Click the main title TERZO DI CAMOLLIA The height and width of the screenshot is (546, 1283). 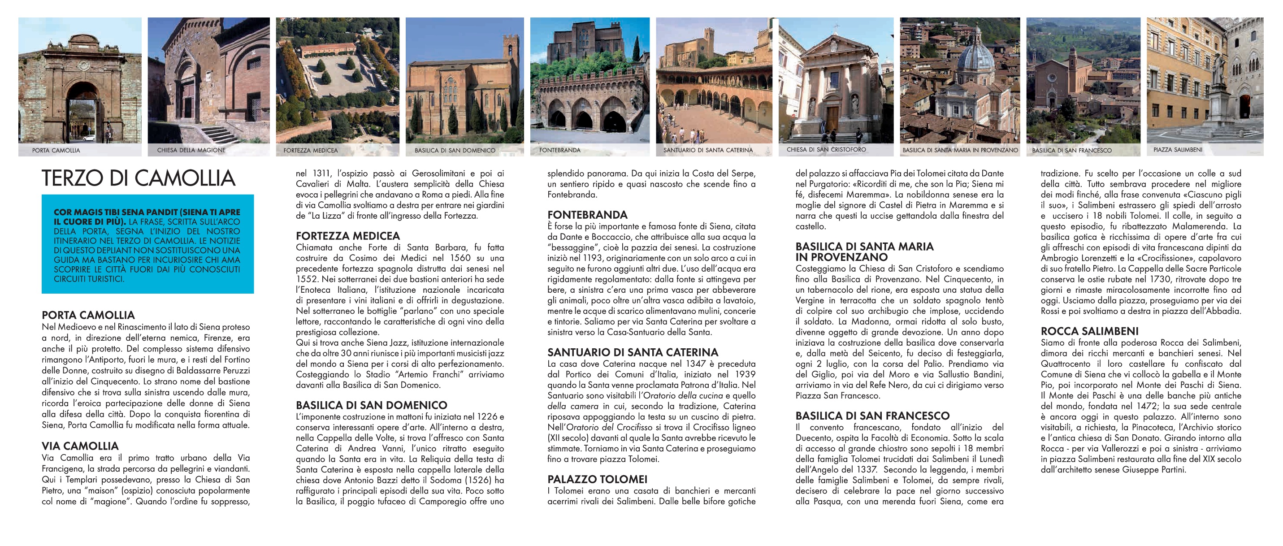pos(138,178)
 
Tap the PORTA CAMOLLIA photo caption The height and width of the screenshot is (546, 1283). pos(56,150)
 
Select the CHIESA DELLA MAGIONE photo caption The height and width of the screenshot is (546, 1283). pos(191,150)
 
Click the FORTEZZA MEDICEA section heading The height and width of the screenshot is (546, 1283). pos(347,236)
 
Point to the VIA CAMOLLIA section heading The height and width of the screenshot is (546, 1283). pos(80,446)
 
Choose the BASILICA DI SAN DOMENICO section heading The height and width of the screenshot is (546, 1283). pos(372,405)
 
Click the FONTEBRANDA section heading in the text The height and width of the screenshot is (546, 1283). pos(587,215)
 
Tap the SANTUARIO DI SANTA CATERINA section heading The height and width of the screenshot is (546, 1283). pos(633,352)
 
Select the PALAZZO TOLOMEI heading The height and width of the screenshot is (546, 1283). pos(597,479)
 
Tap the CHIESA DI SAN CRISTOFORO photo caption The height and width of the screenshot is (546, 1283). pos(826,149)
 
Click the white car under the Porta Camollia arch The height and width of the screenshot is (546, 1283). pos(89,138)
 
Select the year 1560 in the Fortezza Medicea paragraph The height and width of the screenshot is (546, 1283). pos(459,258)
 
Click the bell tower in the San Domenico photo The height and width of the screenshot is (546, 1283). pos(508,50)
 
